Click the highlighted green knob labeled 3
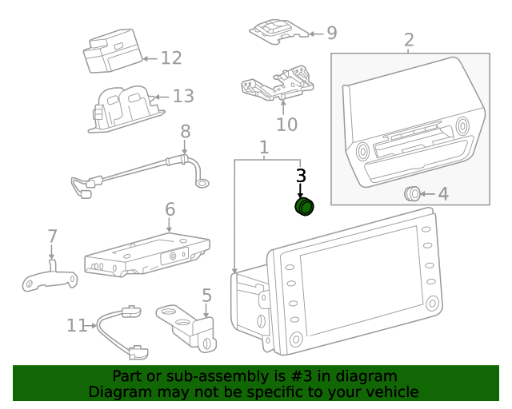305,208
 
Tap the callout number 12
170,58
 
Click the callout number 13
183,97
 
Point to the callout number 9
331,33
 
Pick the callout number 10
286,124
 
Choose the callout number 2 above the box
409,40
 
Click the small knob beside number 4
412,193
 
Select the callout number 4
442,194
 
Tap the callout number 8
185,132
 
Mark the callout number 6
170,209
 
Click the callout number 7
52,236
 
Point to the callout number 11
76,325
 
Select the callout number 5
206,296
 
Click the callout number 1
264,148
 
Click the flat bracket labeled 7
50,278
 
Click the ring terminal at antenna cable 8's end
203,184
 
